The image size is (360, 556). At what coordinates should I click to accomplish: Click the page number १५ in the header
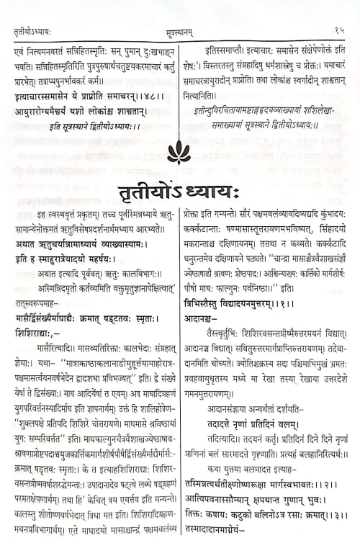coord(338,10)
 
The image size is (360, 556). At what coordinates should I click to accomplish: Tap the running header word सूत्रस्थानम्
coord(180,10)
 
